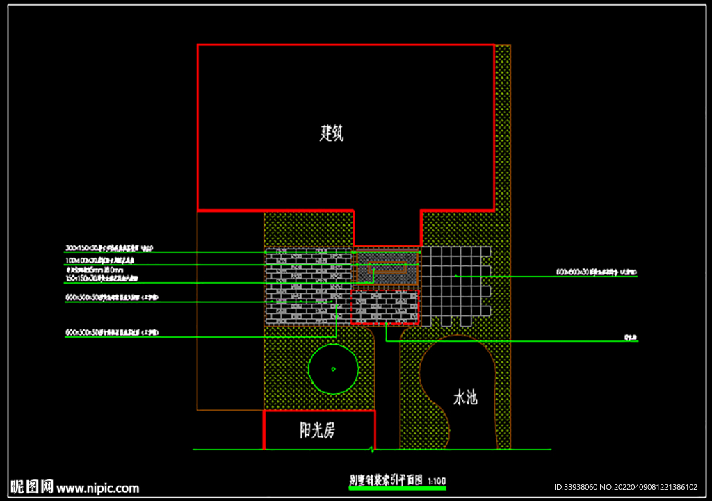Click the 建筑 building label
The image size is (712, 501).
[332, 133]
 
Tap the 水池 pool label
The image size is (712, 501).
[465, 398]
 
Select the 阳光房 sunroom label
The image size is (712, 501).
[317, 431]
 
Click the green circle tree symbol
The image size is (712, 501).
[333, 368]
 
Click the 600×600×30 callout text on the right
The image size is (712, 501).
[596, 272]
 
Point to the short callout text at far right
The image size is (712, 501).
[631, 338]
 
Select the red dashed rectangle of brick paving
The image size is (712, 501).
[385, 307]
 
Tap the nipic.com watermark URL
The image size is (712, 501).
[98, 488]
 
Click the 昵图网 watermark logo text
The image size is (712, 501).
[32, 486]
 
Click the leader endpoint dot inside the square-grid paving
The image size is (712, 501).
[455, 276]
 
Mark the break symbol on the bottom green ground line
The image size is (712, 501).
[375, 449]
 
